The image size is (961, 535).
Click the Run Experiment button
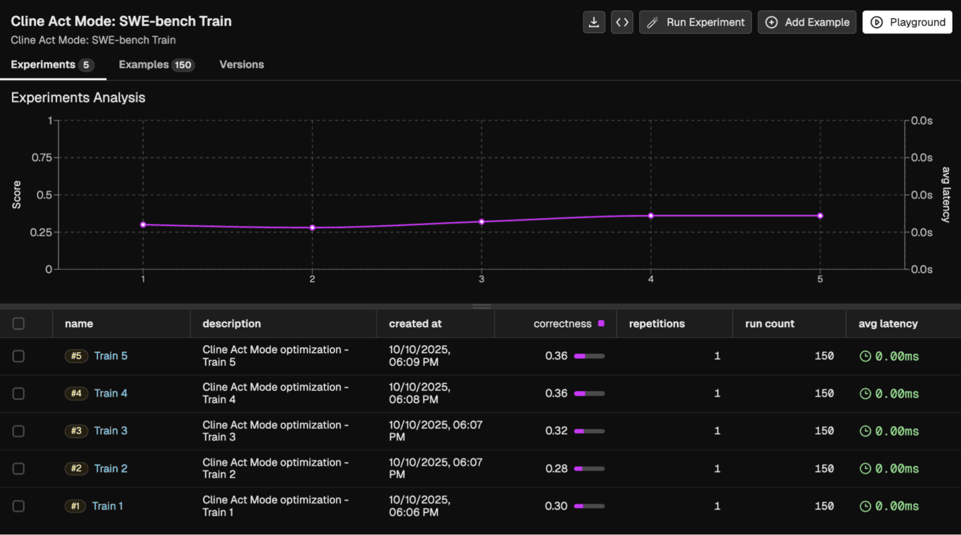tap(695, 22)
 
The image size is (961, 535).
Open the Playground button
tap(907, 22)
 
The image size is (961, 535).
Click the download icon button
tap(594, 22)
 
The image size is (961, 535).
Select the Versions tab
tap(242, 64)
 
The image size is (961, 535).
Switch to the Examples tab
tap(156, 64)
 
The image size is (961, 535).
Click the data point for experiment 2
tap(312, 228)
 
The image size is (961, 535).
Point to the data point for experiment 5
tap(820, 215)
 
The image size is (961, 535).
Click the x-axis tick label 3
tap(482, 279)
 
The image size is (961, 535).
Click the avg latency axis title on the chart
tap(946, 195)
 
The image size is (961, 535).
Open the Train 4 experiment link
tap(111, 393)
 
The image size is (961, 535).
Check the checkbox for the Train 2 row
tap(18, 469)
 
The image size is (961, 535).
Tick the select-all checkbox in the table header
tap(18, 324)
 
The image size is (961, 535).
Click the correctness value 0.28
tap(556, 469)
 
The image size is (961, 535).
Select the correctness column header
tap(562, 324)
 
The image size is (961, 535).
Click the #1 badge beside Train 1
tap(75, 506)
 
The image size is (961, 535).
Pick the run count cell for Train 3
tap(823, 431)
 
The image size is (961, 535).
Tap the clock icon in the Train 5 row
tap(866, 356)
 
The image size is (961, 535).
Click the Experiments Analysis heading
tap(78, 97)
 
